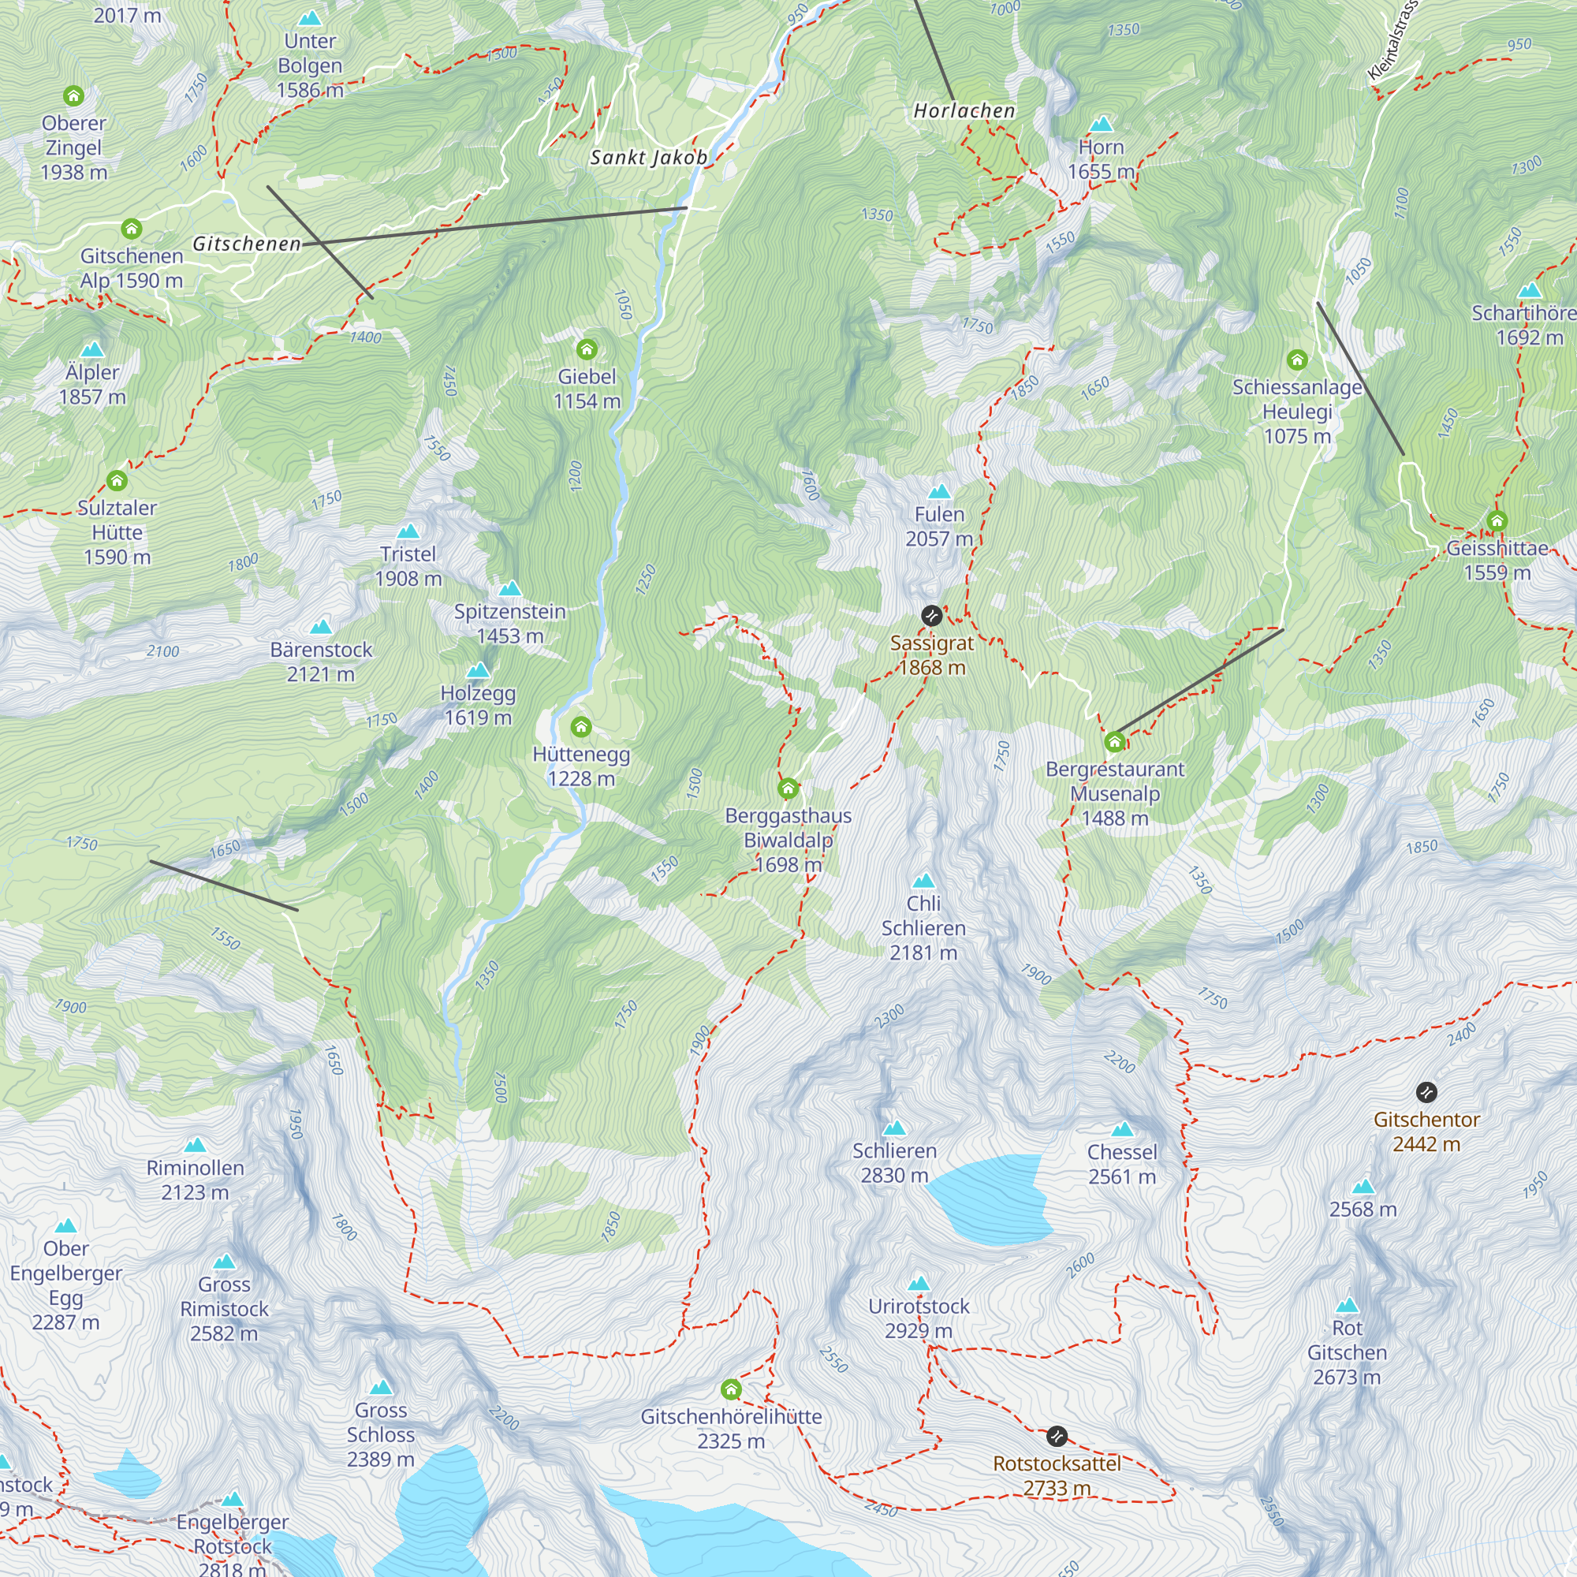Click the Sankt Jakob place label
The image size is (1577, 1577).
[649, 158]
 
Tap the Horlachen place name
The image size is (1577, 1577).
[964, 110]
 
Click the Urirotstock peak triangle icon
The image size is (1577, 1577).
[919, 1283]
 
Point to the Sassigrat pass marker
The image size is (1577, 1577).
[931, 616]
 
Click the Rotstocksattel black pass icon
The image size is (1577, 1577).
[1057, 1436]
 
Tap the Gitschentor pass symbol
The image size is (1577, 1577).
[1426, 1092]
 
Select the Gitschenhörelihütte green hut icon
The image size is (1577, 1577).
[731, 1389]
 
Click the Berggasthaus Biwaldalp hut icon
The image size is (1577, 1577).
[788, 788]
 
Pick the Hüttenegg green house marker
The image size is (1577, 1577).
[581, 726]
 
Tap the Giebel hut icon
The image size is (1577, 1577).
[587, 349]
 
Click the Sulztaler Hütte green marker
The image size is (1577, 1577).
[117, 480]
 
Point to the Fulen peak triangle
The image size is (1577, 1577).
[940, 491]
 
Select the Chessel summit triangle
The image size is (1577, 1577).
[1122, 1129]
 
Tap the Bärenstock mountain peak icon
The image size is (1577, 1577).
[321, 627]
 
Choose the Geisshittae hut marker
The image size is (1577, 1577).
[1497, 520]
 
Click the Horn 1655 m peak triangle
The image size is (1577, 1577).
[1101, 124]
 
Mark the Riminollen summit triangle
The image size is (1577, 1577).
[195, 1145]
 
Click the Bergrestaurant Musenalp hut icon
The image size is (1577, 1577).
[1114, 741]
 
